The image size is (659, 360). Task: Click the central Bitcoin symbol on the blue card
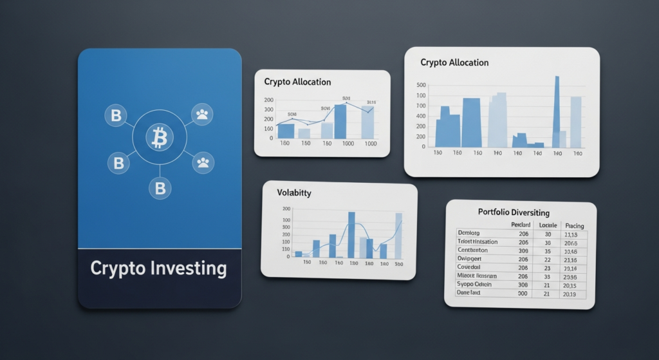click(x=159, y=137)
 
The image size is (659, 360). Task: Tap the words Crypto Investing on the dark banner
click(x=158, y=268)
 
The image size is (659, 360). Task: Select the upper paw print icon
click(x=203, y=115)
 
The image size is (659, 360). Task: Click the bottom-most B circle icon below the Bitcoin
click(x=159, y=188)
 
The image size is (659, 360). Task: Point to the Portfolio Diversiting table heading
click(x=514, y=212)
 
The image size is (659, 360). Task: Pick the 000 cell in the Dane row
click(x=523, y=293)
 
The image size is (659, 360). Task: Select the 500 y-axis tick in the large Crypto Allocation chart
click(x=422, y=85)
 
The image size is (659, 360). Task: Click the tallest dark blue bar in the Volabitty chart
click(x=351, y=234)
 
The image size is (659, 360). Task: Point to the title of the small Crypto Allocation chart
click(x=297, y=82)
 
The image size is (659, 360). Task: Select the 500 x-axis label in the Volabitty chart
click(x=398, y=263)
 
